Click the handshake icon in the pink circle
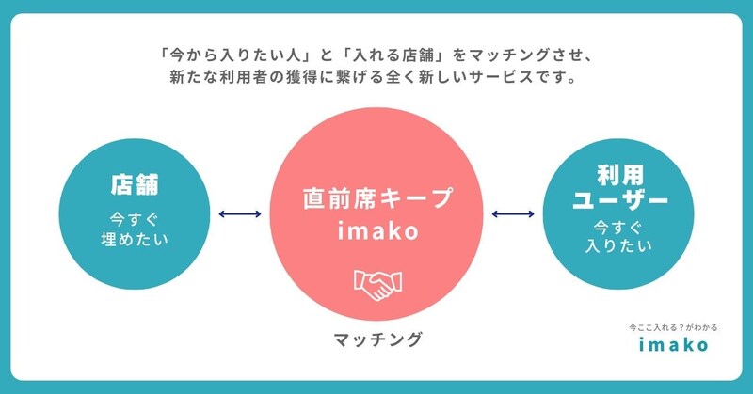(376, 283)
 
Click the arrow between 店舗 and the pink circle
(239, 215)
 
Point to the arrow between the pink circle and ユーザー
(513, 215)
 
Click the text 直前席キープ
(376, 198)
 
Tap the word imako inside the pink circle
(376, 230)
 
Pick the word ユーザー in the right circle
(619, 200)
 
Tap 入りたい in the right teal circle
(619, 247)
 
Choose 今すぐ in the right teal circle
(619, 227)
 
